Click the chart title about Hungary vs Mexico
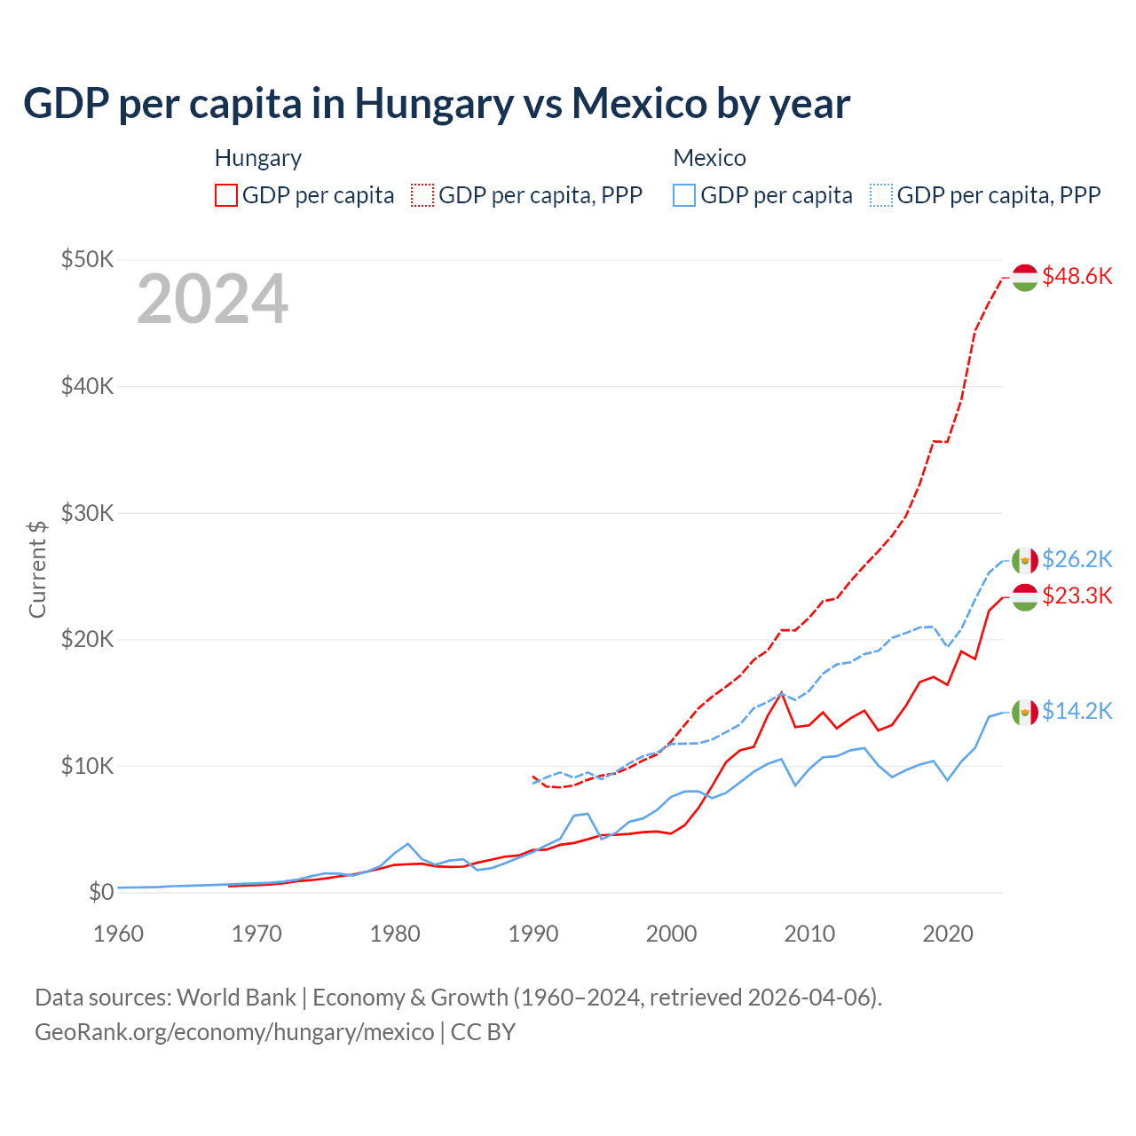[436, 104]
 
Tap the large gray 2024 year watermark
[212, 300]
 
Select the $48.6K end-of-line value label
[1077, 276]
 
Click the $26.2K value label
[1077, 559]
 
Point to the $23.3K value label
[1077, 596]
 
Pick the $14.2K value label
[1077, 711]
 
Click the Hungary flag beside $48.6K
[1025, 277]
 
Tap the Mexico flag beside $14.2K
[1025, 712]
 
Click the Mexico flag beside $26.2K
[1025, 560]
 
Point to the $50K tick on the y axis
[87, 259]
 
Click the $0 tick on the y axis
[101, 892]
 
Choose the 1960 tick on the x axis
[118, 934]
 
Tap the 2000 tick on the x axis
[671, 934]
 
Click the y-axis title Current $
[37, 569]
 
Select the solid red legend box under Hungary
[226, 195]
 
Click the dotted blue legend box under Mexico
[881, 195]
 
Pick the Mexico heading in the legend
[709, 158]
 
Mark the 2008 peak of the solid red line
[781, 693]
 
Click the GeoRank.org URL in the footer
[234, 1032]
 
